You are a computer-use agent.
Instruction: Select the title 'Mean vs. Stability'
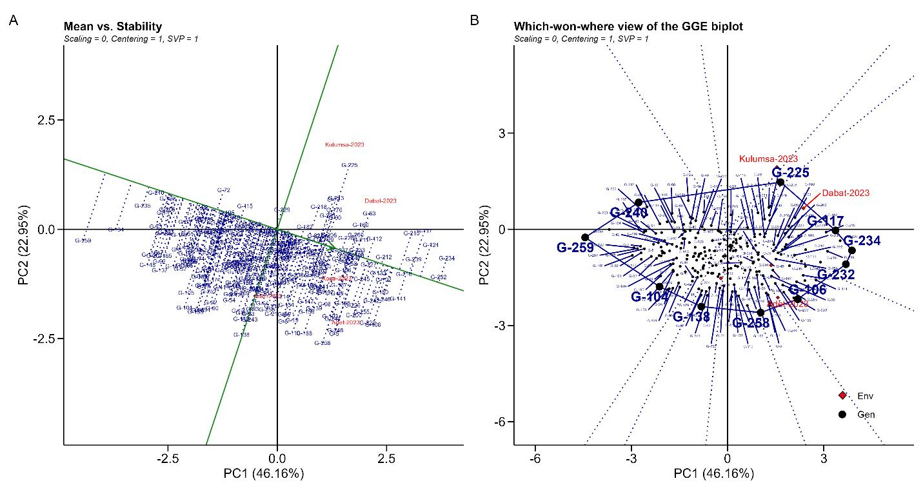pyautogui.click(x=112, y=27)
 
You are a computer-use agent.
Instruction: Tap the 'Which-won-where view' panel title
pyautogui.click(x=628, y=27)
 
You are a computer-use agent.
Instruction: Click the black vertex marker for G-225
pyautogui.click(x=780, y=182)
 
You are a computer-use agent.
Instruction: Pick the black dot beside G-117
pyautogui.click(x=835, y=230)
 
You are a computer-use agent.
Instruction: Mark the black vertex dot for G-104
pyautogui.click(x=659, y=286)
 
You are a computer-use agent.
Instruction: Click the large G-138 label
pyautogui.click(x=691, y=317)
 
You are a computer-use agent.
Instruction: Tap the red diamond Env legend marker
pyautogui.click(x=842, y=395)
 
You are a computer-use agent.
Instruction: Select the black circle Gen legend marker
pyautogui.click(x=842, y=414)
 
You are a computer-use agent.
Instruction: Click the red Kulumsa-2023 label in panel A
pyautogui.click(x=344, y=144)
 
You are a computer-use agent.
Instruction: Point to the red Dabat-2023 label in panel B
pyautogui.click(x=846, y=192)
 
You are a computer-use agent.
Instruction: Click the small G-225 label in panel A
pyautogui.click(x=349, y=165)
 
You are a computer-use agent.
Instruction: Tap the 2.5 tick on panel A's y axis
pyautogui.click(x=48, y=120)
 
